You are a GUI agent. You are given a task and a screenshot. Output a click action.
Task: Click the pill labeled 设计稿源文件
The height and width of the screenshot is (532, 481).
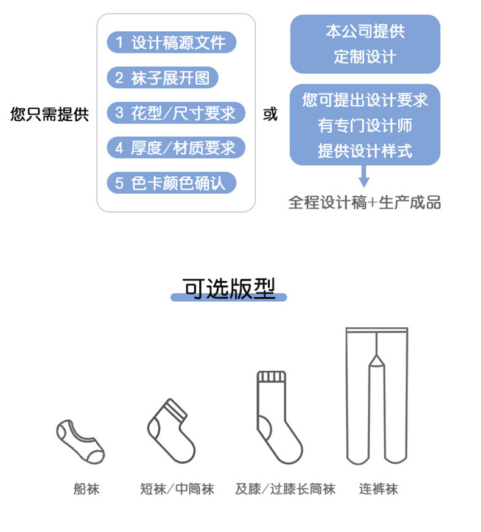coord(171,43)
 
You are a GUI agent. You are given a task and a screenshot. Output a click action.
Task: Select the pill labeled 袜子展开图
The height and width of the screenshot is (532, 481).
coord(162,78)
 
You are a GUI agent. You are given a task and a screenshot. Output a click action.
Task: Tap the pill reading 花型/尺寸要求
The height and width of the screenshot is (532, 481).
coord(175,113)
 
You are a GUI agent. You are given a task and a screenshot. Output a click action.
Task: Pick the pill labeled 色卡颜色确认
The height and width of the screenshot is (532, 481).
coord(171,183)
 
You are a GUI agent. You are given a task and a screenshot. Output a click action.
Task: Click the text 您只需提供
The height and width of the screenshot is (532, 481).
coord(49,115)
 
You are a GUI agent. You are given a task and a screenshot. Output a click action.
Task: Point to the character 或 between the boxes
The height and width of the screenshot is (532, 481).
coord(270,115)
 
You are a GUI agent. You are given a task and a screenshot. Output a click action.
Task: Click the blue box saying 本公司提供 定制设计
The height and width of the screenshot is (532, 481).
coord(365,44)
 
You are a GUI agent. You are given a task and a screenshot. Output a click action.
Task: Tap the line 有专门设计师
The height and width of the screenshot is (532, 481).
coord(365,126)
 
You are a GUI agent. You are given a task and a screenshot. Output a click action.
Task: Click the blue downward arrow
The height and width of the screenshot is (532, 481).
coord(364,177)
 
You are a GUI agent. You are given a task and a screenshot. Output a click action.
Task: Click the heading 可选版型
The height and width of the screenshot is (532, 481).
coord(229,289)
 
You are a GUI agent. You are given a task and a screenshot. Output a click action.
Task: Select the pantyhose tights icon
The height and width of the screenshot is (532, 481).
coord(376,394)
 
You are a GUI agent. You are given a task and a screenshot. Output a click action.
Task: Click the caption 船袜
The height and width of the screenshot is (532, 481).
coord(86,488)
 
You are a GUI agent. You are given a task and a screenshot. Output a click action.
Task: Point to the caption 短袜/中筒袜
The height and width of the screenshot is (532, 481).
coord(177,488)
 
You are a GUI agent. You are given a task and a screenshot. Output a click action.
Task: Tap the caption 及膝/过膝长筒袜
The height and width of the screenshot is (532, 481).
coord(285,488)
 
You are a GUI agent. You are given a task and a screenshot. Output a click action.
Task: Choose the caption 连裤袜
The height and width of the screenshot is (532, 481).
coord(378,488)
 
